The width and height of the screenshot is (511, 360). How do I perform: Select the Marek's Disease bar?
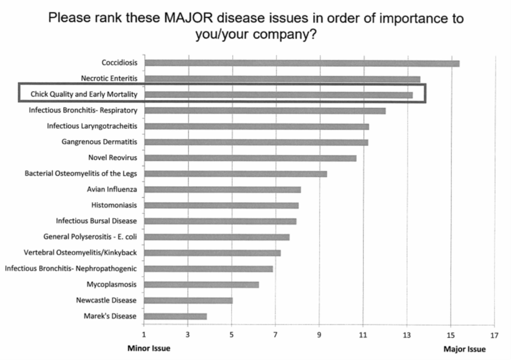click(175, 316)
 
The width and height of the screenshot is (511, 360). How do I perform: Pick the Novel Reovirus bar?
click(250, 158)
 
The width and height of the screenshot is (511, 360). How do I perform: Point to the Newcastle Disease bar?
click(188, 300)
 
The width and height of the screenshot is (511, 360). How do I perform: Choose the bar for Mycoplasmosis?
click(201, 284)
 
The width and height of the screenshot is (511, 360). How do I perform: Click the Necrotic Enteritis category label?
click(109, 78)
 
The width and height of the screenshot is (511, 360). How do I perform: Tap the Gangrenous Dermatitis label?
click(99, 142)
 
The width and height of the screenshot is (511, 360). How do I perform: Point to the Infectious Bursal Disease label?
click(97, 221)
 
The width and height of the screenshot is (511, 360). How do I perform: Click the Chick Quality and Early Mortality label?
click(84, 94)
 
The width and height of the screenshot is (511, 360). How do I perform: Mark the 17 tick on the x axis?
click(494, 335)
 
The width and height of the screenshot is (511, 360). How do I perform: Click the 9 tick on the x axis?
click(319, 335)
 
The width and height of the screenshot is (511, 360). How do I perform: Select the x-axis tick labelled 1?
click(144, 335)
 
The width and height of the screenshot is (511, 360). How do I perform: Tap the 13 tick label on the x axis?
click(406, 335)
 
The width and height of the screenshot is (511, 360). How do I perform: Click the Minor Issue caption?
click(149, 349)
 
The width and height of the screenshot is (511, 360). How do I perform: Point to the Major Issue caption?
click(464, 349)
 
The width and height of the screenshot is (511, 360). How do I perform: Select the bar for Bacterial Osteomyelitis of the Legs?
click(235, 174)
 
